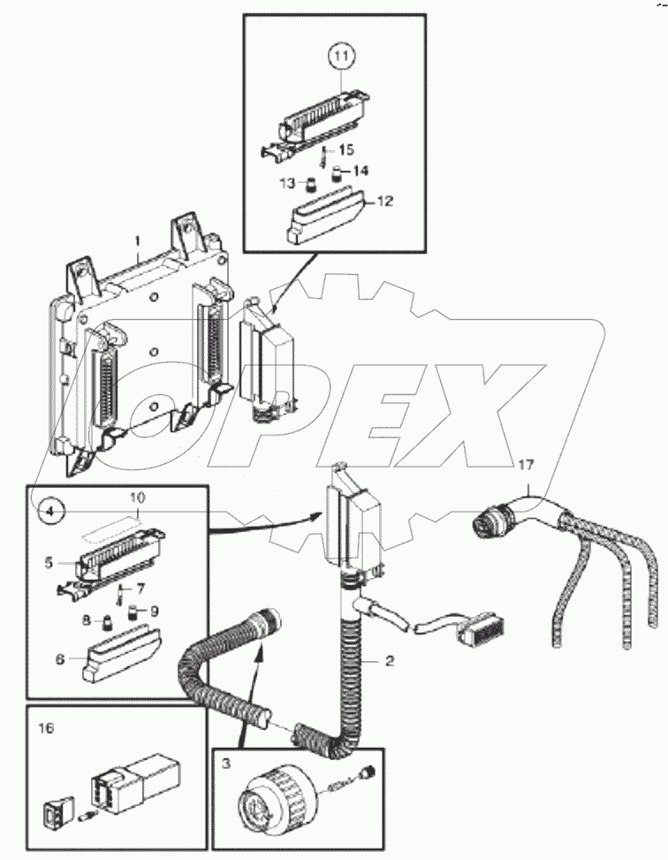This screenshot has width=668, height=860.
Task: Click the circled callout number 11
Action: click(x=342, y=56)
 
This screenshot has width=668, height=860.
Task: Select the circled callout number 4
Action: click(x=50, y=510)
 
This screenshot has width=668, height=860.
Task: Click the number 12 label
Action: click(x=383, y=202)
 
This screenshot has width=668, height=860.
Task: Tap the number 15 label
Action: click(x=346, y=151)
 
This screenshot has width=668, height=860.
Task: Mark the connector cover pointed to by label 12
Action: click(x=322, y=215)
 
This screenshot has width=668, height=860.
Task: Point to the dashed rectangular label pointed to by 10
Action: click(x=112, y=534)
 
